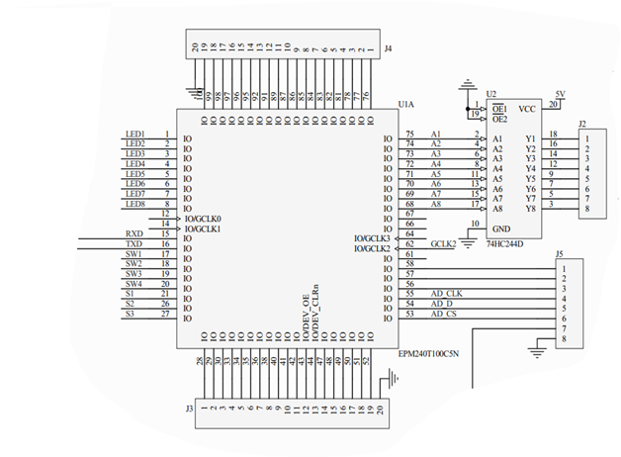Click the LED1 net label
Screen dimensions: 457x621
click(135, 135)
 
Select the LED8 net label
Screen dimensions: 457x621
click(135, 204)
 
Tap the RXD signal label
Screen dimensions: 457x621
click(134, 233)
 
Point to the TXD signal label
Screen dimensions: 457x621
click(134, 243)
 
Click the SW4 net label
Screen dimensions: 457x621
click(133, 284)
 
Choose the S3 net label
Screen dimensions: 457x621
click(130, 314)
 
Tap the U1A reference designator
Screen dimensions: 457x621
click(405, 103)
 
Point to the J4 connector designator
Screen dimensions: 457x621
click(389, 47)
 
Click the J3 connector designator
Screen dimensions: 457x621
click(189, 408)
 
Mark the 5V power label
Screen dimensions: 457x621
click(561, 94)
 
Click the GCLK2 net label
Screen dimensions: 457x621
click(443, 243)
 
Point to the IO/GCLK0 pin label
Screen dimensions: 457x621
click(203, 218)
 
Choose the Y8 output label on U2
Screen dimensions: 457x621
click(531, 209)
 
